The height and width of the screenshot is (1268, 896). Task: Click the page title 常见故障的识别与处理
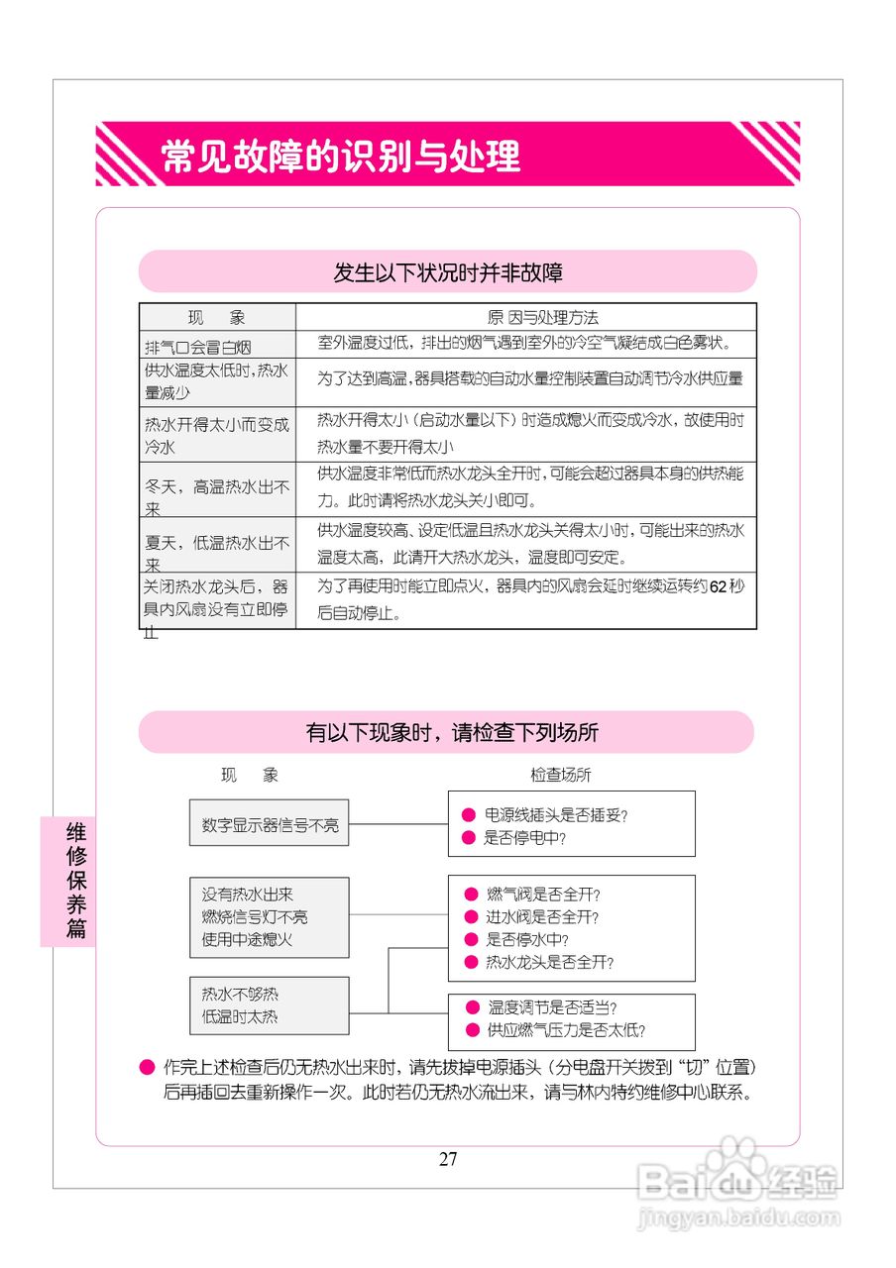pos(341,157)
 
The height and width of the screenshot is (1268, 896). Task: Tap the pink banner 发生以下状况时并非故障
pos(448,272)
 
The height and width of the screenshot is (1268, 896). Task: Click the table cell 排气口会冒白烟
pos(198,347)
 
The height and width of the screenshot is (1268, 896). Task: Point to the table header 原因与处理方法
pos(543,318)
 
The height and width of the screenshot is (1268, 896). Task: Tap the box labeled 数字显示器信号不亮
pos(270,824)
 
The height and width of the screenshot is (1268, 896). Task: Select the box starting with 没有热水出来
pos(270,916)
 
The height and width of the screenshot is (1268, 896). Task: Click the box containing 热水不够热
pos(270,1005)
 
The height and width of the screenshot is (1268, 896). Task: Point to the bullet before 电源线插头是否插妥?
pos(469,815)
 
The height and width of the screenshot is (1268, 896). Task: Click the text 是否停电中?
pos(524,838)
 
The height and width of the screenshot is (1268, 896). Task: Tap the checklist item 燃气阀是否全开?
pos(544,895)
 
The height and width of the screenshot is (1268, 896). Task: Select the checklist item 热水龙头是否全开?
pos(550,962)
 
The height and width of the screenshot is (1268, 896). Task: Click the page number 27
pos(448,1160)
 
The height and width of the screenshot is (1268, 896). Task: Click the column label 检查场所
pos(561,775)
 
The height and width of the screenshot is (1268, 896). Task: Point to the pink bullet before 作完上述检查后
pos(148,1068)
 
